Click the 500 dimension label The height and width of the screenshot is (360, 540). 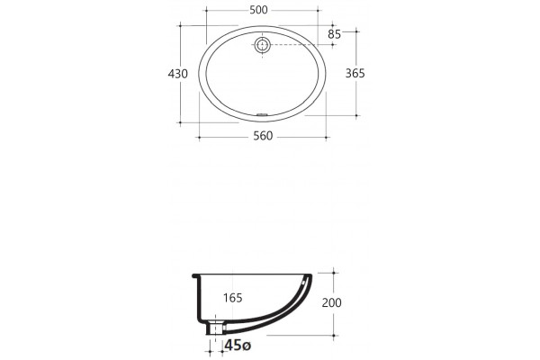pos(258,10)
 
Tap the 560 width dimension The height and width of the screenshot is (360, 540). pos(263,136)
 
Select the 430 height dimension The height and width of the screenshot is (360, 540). pos(177,74)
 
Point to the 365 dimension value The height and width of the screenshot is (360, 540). pos(355,74)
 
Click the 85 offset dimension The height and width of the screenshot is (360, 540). pos(335,34)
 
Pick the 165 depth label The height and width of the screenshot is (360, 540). pos(233,298)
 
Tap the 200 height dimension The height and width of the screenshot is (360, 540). pos(331,302)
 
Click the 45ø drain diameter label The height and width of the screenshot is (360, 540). pos(238,345)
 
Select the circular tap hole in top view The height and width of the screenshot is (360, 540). pos(263,45)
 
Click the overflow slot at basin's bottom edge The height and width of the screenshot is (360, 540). pos(263,114)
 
